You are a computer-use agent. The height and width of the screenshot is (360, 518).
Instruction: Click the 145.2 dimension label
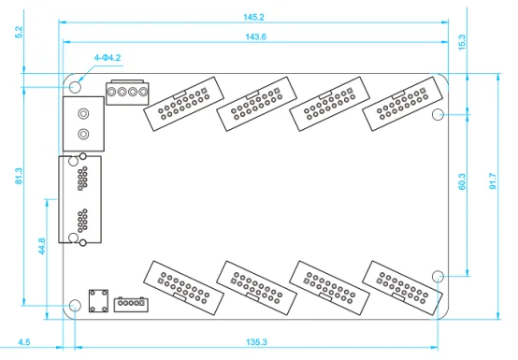pyautogui.click(x=253, y=18)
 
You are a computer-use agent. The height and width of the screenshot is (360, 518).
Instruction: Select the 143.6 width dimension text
pyautogui.click(x=253, y=36)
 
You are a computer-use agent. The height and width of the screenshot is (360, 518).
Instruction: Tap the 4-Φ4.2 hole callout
pyautogui.click(x=107, y=58)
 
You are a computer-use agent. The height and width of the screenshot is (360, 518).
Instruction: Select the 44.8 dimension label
pyautogui.click(x=42, y=246)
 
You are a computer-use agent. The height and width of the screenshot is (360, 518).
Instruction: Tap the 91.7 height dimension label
pyautogui.click(x=494, y=181)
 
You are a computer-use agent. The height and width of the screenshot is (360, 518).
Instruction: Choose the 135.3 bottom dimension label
pyautogui.click(x=253, y=342)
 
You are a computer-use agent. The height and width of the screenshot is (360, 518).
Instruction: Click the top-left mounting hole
pyautogui.click(x=76, y=85)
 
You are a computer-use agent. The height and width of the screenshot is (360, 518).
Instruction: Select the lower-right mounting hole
pyautogui.click(x=439, y=276)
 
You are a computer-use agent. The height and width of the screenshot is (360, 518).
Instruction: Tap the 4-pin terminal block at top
pyautogui.click(x=127, y=93)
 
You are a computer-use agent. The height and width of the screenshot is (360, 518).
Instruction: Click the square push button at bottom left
pyautogui.click(x=95, y=301)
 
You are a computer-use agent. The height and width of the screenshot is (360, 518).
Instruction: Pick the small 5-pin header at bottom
pyautogui.click(x=131, y=304)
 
